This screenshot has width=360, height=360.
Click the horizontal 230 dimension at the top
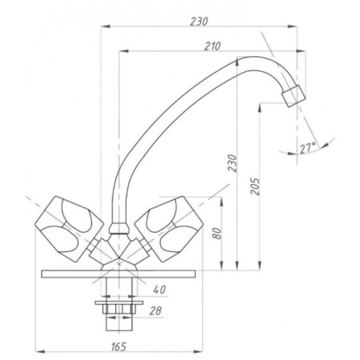click(x=199, y=22)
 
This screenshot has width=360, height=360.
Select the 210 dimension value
click(x=213, y=46)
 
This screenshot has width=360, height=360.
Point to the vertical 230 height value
click(x=232, y=163)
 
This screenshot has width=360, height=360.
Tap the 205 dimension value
click(x=255, y=186)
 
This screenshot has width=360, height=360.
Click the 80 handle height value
click(x=218, y=234)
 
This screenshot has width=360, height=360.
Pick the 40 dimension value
click(x=159, y=290)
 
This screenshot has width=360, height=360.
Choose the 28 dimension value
click(x=155, y=310)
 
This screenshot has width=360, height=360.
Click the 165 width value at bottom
click(x=118, y=346)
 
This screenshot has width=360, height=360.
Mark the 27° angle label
click(x=308, y=148)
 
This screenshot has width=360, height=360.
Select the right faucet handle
click(x=170, y=229)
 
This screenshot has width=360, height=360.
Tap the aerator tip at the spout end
click(x=294, y=96)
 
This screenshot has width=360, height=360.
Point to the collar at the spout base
click(x=119, y=229)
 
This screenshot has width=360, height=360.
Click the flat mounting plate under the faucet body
click(x=118, y=274)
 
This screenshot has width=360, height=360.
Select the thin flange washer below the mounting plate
click(x=119, y=302)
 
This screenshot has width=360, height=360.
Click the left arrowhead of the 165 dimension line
click(x=40, y=352)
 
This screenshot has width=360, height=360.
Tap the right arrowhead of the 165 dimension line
click(x=198, y=352)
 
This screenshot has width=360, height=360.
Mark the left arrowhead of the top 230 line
click(x=106, y=26)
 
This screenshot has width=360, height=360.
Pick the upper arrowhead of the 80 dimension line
click(x=222, y=202)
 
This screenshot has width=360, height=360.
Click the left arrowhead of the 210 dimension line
click(x=124, y=51)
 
